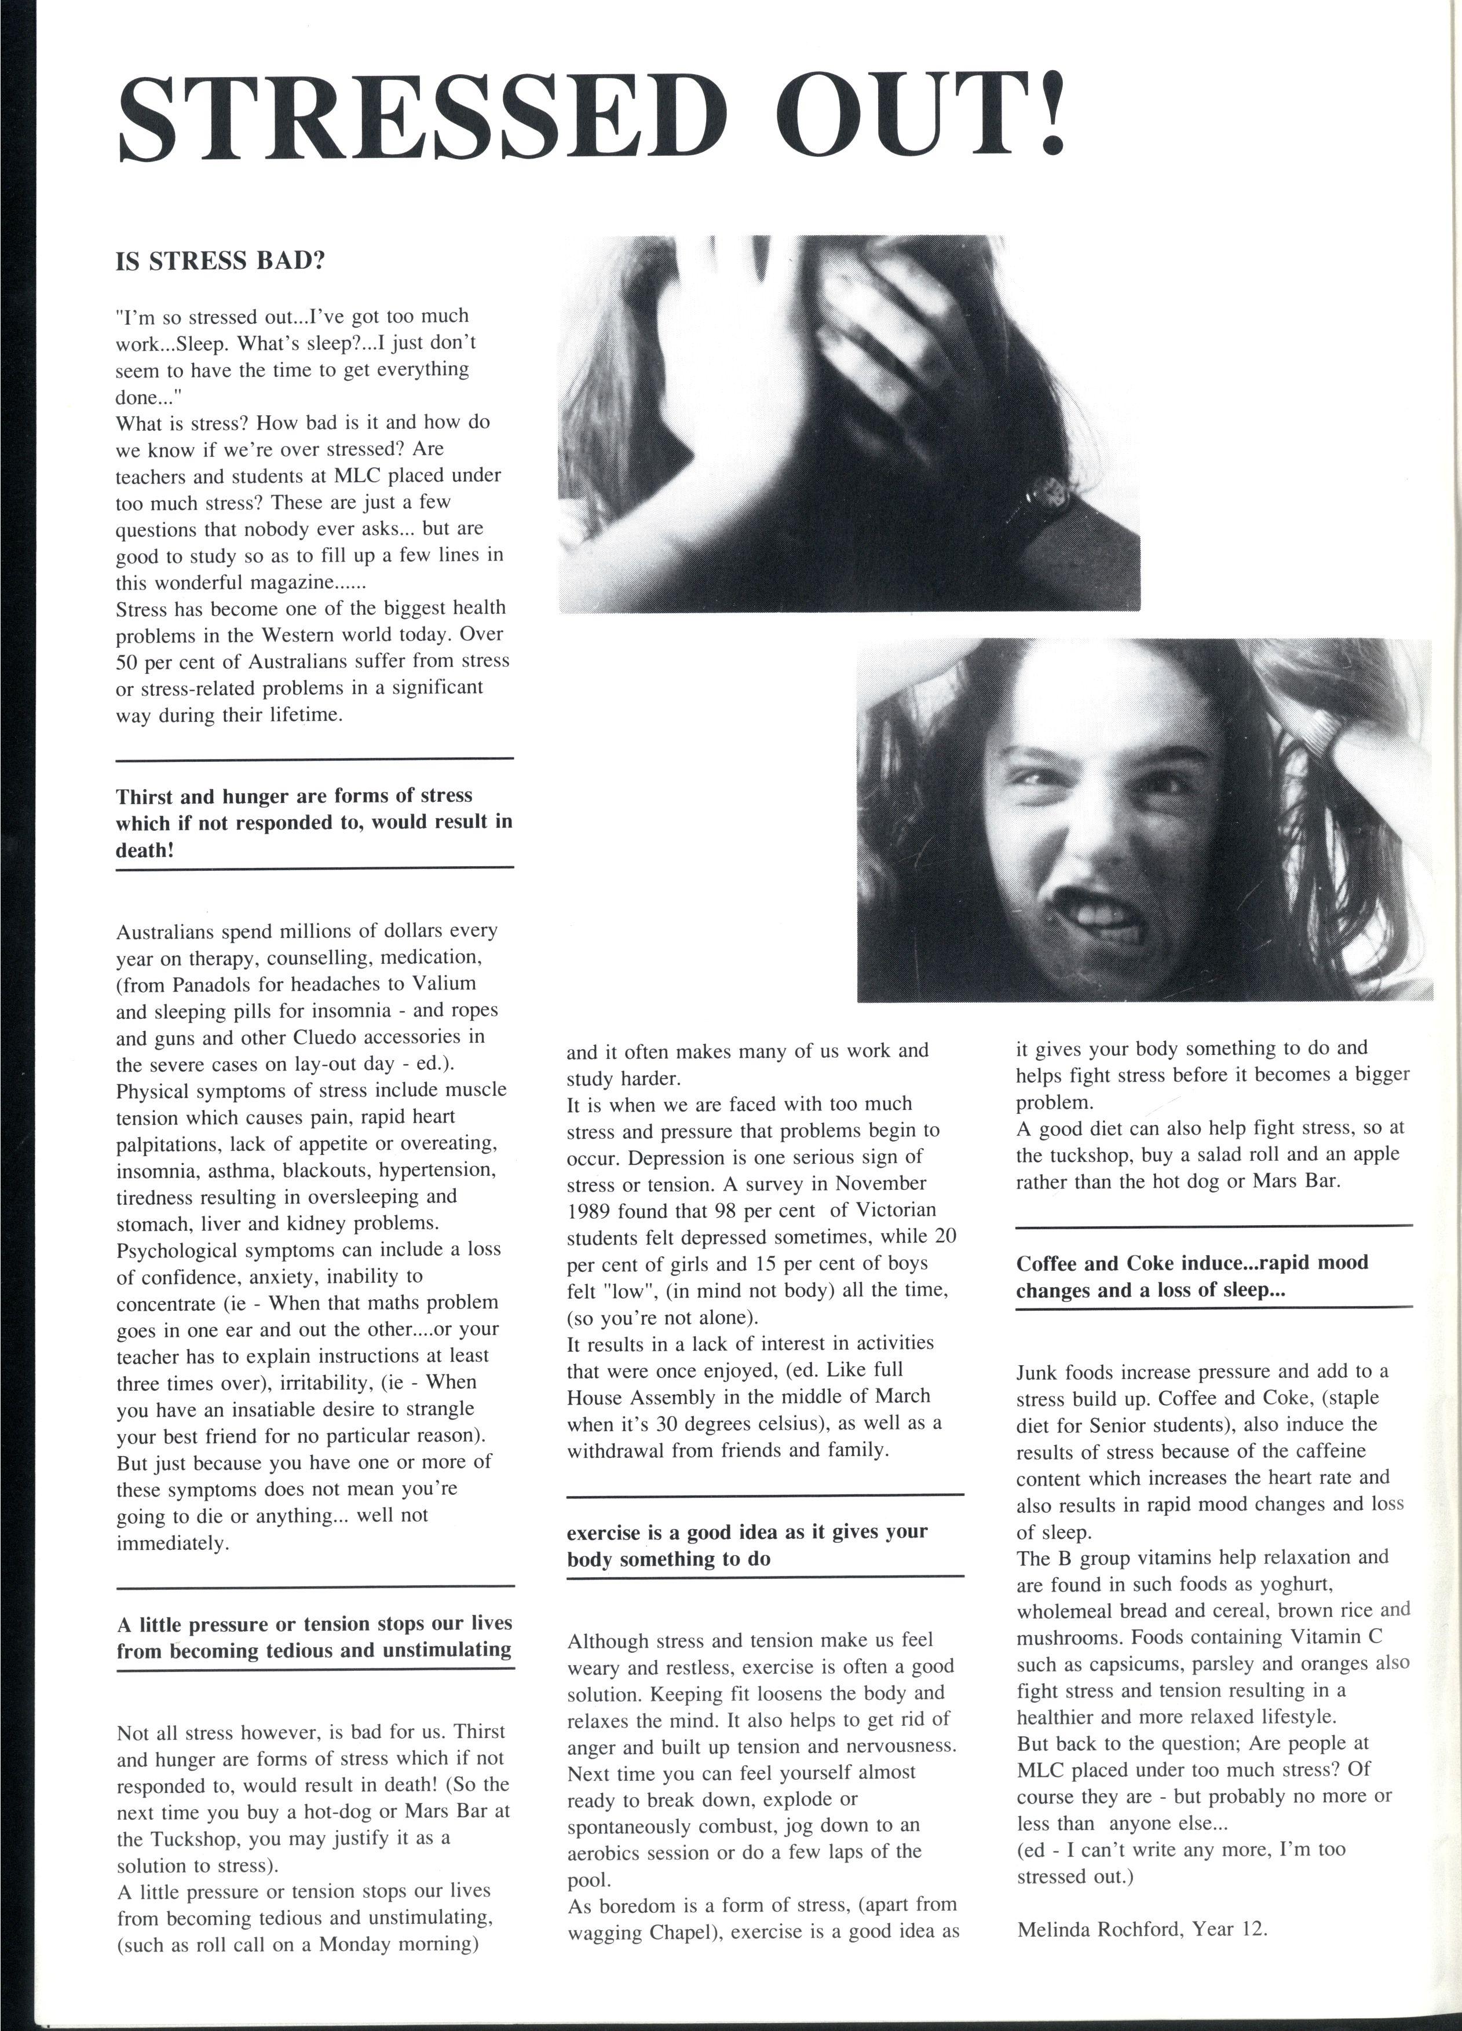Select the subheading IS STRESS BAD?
pyautogui.click(x=220, y=262)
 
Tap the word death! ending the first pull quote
pyautogui.click(x=144, y=850)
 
